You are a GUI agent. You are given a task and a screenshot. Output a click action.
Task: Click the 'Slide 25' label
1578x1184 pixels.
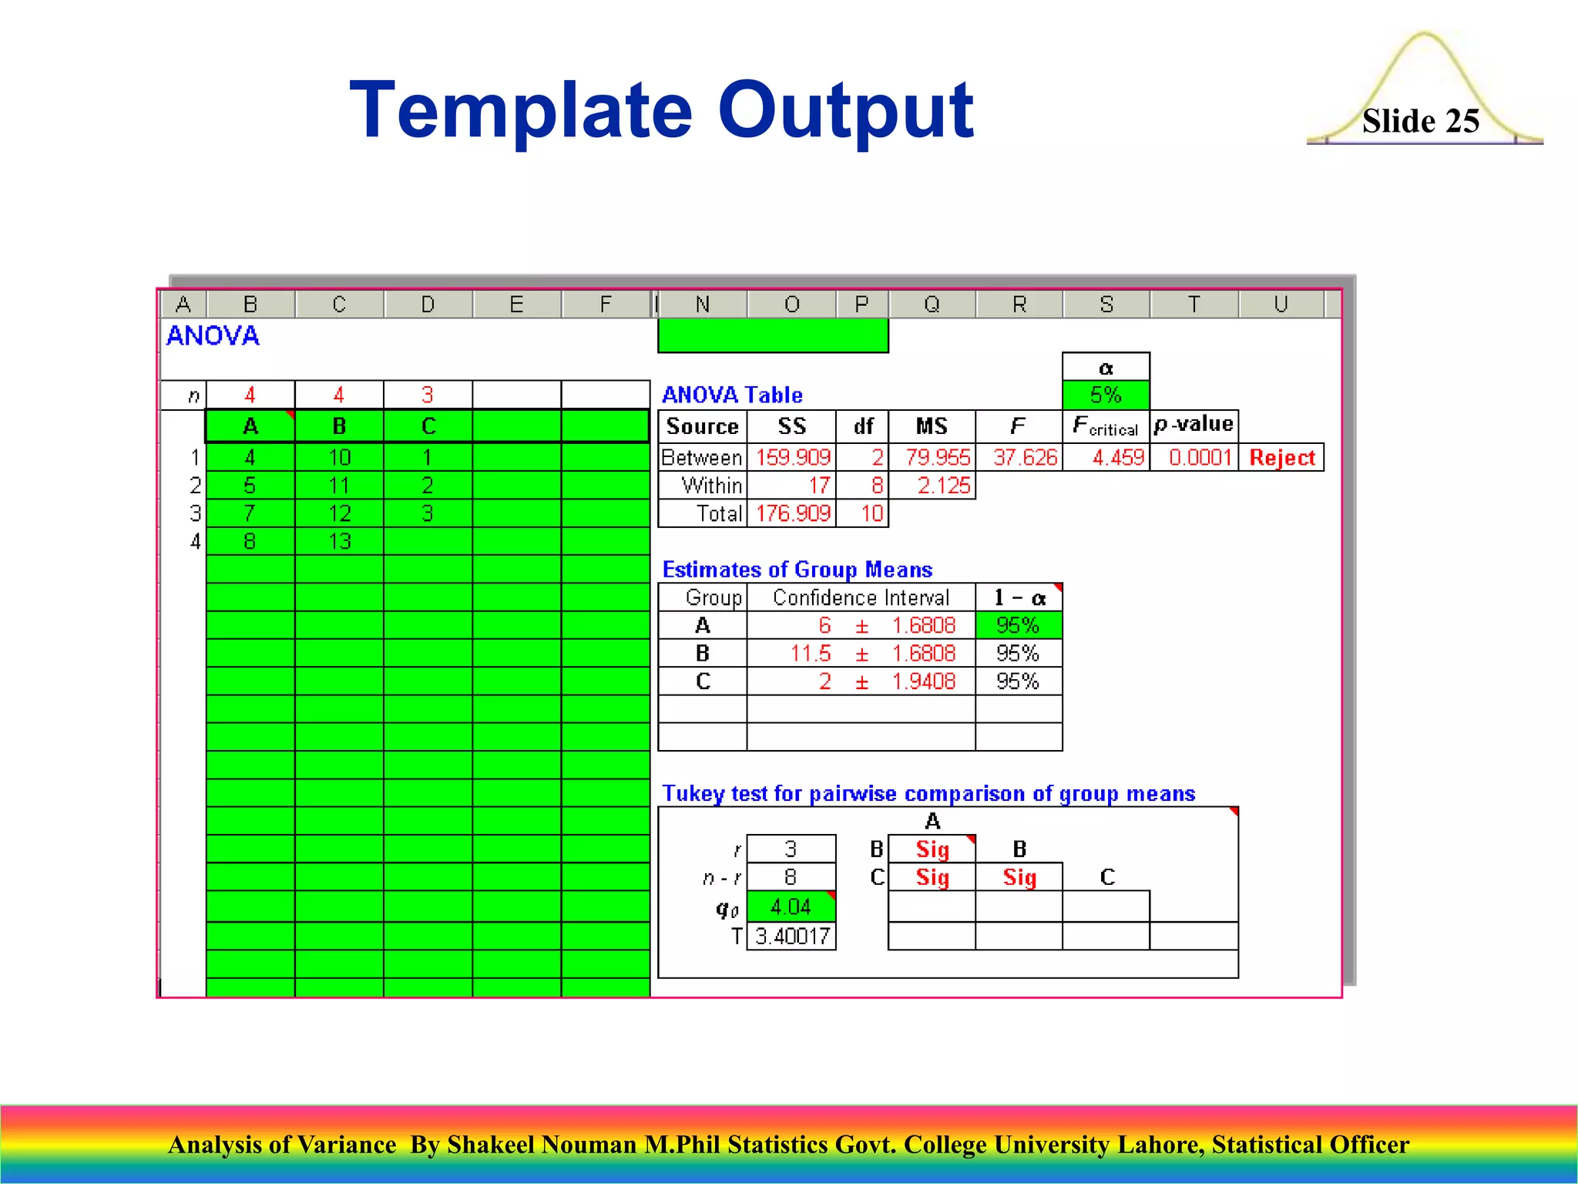coord(1420,121)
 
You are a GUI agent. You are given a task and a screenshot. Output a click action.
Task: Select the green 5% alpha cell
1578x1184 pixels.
coord(1106,395)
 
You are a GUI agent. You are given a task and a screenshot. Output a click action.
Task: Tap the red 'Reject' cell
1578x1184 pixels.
coord(1281,458)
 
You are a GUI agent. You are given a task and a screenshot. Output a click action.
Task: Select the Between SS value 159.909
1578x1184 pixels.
coord(793,458)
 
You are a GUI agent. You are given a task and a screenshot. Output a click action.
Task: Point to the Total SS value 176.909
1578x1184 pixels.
coord(793,513)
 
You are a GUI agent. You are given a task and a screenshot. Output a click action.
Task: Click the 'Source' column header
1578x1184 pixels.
coord(702,426)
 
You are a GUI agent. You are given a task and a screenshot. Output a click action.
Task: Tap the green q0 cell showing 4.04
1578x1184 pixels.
coord(791,906)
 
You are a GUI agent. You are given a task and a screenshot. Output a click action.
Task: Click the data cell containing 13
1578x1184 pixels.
coord(340,542)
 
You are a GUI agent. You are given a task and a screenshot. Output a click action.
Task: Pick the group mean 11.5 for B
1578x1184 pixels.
coord(811,654)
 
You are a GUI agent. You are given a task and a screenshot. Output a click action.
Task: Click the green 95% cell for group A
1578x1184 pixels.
coord(1018,625)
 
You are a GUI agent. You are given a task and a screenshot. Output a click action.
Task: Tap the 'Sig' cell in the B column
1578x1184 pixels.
coord(1019,877)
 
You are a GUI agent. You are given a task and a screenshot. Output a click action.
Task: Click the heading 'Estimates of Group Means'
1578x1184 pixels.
coord(797,570)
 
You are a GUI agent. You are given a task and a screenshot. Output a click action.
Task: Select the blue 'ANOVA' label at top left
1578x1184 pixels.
coord(213,336)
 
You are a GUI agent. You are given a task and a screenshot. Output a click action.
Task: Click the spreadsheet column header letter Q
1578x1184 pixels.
coord(932,304)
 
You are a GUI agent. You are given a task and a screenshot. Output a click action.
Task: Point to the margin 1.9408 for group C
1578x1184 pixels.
coord(923,681)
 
